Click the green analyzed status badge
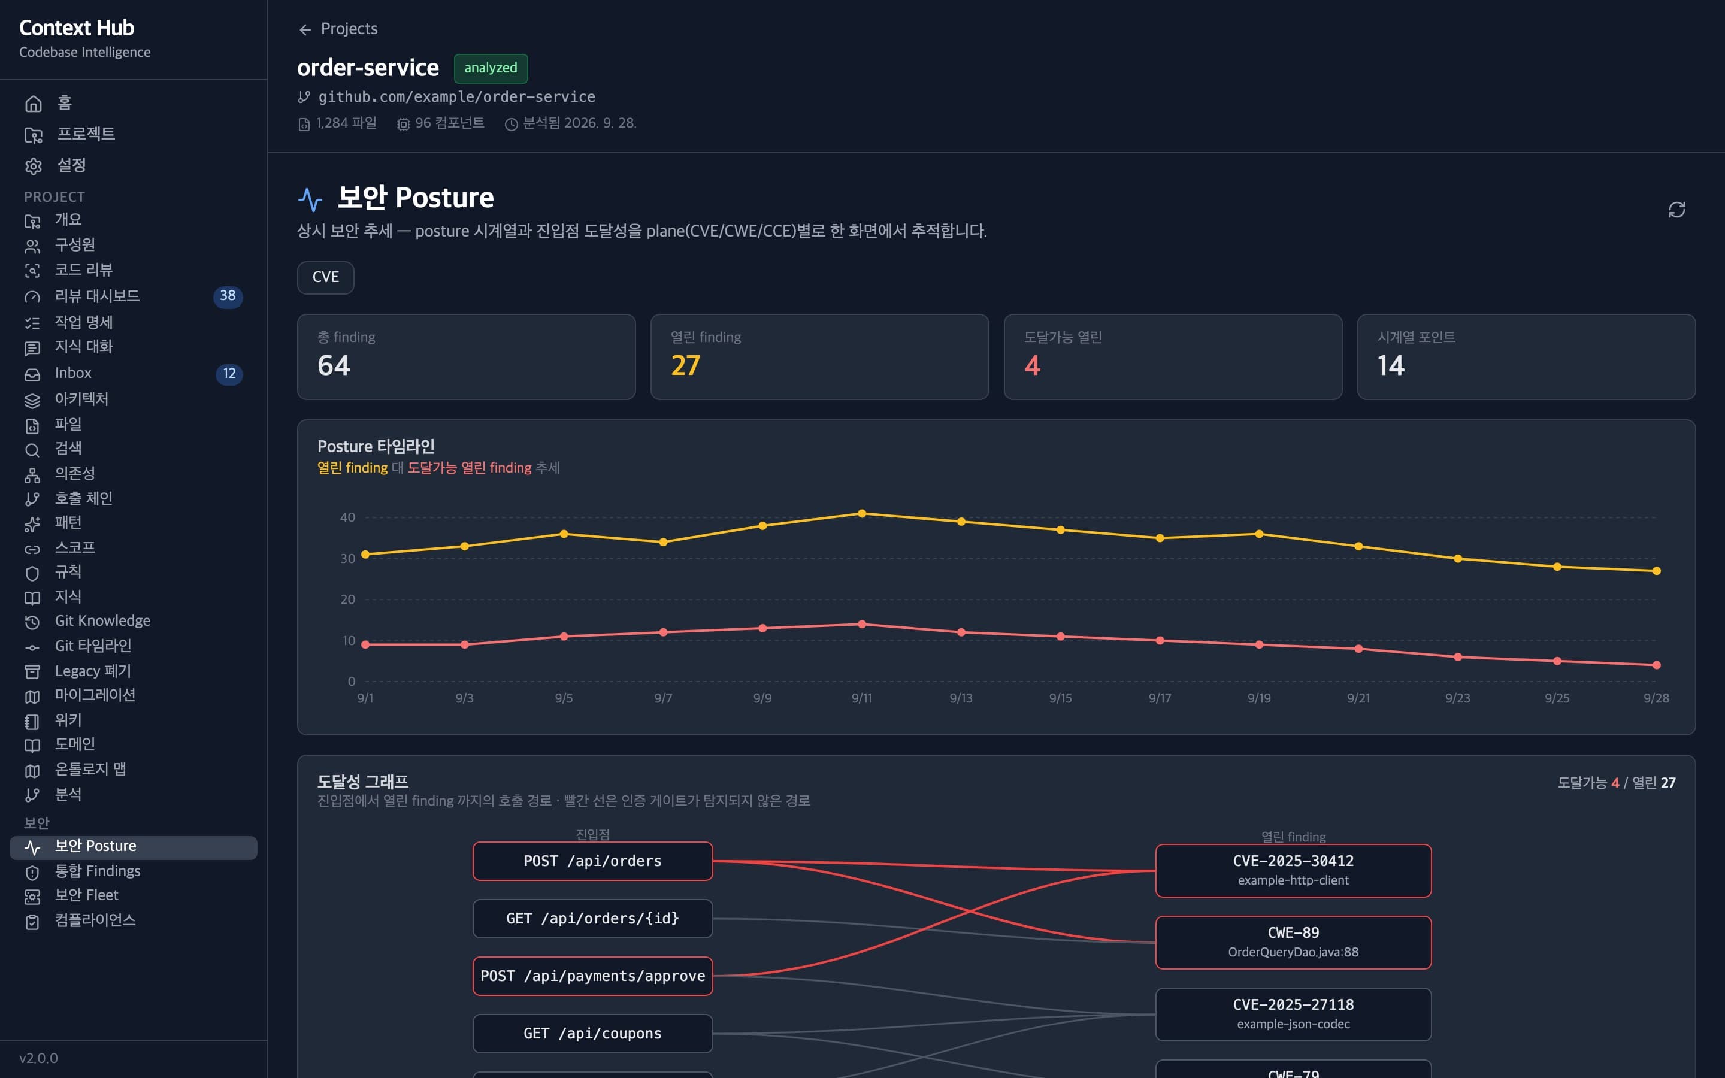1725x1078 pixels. [491, 68]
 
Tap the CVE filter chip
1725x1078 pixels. [326, 277]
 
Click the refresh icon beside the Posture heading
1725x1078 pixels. [1676, 210]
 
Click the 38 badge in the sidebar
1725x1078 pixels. [228, 296]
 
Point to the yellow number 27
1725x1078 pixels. [686, 366]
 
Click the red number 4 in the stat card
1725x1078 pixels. [1032, 366]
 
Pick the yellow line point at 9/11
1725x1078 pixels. [862, 513]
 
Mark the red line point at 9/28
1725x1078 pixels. [1657, 665]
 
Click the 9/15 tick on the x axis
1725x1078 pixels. [1060, 698]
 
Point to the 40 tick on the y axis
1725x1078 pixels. [347, 517]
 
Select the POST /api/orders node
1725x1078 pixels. [592, 861]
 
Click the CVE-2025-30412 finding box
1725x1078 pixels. [1293, 871]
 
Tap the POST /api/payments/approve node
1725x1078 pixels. [592, 976]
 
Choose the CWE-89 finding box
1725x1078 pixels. [1293, 943]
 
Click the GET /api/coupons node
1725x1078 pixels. [592, 1034]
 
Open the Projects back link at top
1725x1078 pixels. [338, 29]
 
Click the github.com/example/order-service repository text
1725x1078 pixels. [456, 97]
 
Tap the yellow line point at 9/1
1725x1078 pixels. [365, 555]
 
